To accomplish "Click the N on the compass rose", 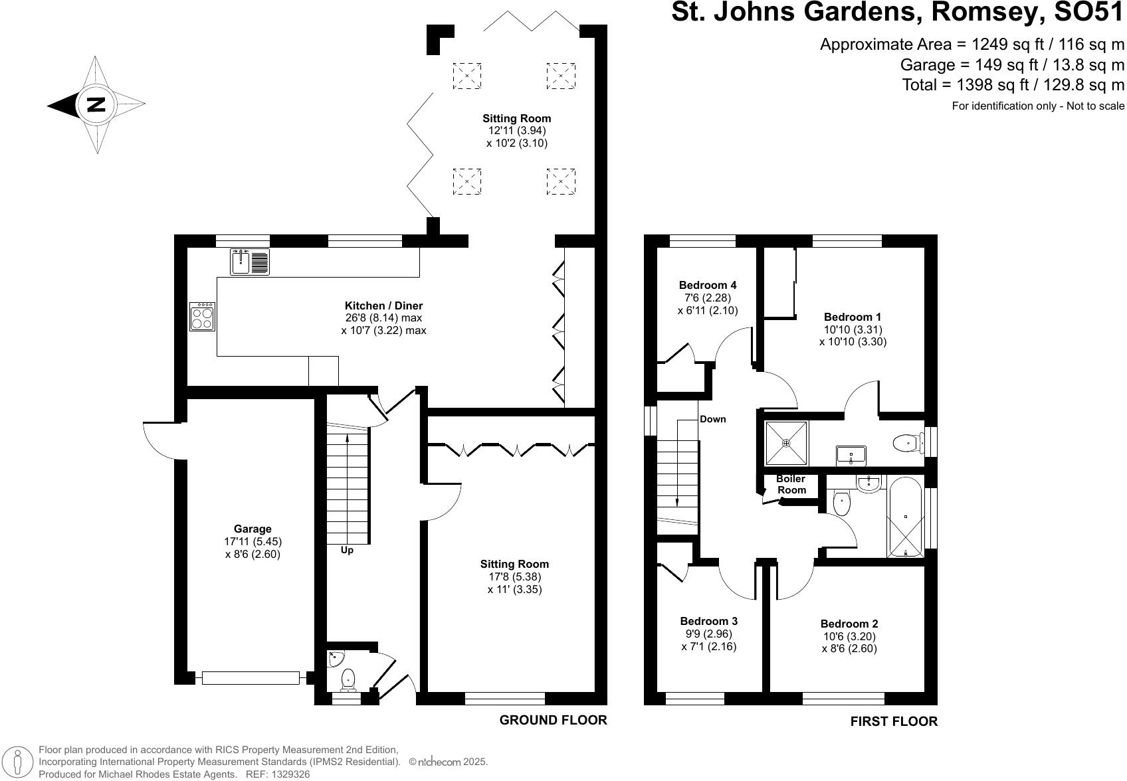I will coord(96,105).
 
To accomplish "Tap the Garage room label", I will coord(253,529).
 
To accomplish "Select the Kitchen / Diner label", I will coord(383,305).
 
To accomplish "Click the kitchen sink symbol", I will coord(251,261).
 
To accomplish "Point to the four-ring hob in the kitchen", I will coord(202,316).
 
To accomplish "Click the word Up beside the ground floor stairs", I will coord(347,550).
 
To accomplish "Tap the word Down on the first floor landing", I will coord(712,419).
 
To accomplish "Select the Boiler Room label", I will coord(791,484).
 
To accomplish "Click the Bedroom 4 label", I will coord(707,285).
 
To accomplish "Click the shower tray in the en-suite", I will coord(786,442).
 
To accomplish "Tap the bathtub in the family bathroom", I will coord(905,517).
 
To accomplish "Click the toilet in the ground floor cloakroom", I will coord(348,679).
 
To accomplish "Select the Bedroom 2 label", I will coord(849,624).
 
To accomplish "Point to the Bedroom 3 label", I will coord(708,621).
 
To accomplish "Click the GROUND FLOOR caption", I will coord(553,720).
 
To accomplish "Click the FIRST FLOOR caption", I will coord(894,721).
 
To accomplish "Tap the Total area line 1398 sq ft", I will coord(1013,85).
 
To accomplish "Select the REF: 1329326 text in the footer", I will coord(277,774).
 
